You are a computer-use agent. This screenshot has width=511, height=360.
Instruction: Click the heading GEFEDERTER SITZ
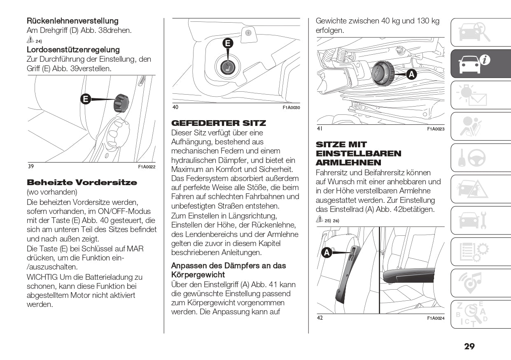(218, 123)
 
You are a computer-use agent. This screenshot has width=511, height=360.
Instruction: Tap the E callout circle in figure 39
(86, 99)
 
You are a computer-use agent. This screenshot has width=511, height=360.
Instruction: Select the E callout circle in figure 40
(228, 43)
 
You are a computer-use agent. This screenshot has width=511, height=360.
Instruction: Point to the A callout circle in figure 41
(411, 74)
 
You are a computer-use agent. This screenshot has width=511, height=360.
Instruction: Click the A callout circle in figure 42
(327, 252)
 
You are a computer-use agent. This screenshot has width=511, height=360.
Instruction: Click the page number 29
(469, 346)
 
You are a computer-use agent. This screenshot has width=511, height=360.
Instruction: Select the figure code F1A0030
(291, 107)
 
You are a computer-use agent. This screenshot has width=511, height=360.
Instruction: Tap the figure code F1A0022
(146, 167)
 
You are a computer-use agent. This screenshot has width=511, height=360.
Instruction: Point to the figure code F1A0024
(436, 318)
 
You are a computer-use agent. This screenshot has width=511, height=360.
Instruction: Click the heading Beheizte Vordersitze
(82, 182)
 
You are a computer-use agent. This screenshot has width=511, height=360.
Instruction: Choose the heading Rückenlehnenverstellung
(72, 21)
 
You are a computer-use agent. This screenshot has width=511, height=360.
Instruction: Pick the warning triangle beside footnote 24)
(30, 40)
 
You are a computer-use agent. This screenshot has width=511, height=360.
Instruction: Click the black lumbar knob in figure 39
(121, 102)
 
